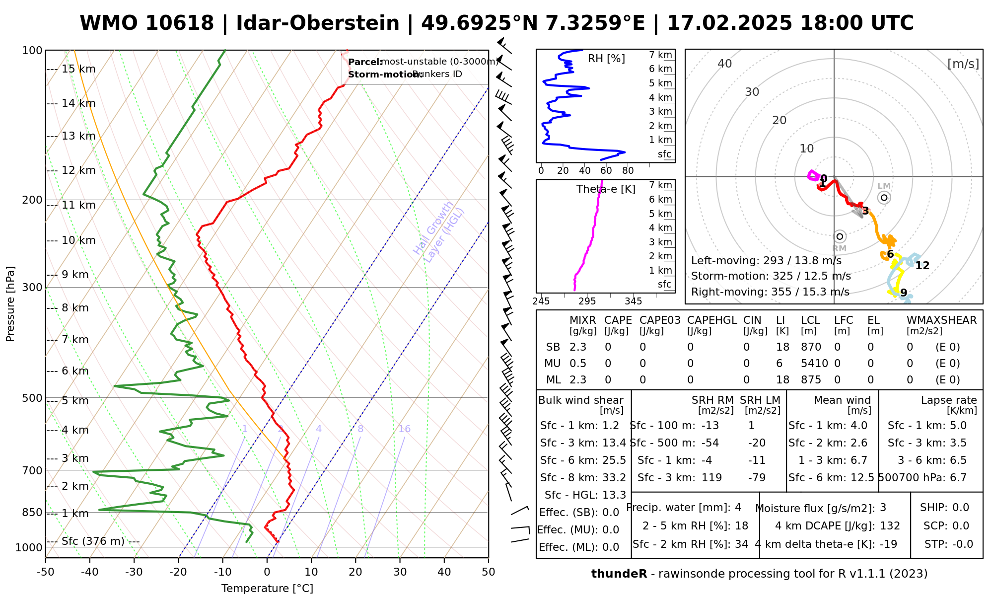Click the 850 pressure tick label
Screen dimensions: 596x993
[32, 512]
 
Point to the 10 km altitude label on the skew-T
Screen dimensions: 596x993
[78, 240]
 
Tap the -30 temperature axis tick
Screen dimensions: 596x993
[134, 572]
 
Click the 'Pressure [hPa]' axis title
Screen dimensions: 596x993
[10, 304]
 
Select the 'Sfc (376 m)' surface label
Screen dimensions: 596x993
[93, 541]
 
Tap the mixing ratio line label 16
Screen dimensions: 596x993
[404, 429]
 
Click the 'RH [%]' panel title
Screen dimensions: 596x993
[606, 59]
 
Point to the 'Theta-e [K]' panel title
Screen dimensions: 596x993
[606, 189]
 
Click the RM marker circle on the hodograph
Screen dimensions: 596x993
[840, 236]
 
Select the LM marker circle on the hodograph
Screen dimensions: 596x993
[884, 198]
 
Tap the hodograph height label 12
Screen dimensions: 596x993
[922, 266]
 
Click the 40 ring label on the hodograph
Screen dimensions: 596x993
[725, 64]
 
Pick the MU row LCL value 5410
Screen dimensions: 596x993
[814, 364]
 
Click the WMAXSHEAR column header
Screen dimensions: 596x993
[941, 320]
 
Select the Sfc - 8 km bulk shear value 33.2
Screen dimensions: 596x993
[614, 478]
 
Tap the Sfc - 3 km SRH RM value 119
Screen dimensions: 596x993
[711, 478]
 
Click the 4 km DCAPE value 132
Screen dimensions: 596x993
[890, 526]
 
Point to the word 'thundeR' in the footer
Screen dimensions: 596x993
[619, 574]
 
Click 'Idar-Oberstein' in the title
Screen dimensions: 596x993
[318, 23]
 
